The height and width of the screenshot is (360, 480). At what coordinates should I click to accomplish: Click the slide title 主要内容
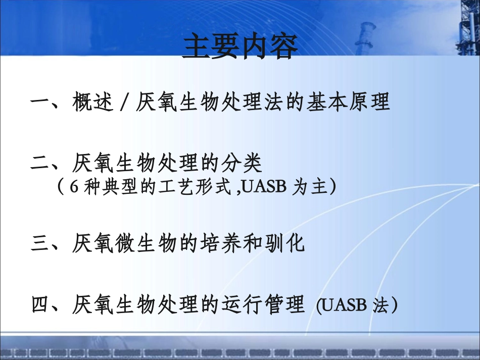coord(240,47)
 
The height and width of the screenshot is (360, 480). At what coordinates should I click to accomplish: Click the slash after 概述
coord(124,103)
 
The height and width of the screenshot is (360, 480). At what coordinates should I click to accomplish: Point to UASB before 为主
coord(264,188)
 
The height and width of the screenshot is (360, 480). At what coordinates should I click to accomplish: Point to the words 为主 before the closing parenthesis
coord(310,188)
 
